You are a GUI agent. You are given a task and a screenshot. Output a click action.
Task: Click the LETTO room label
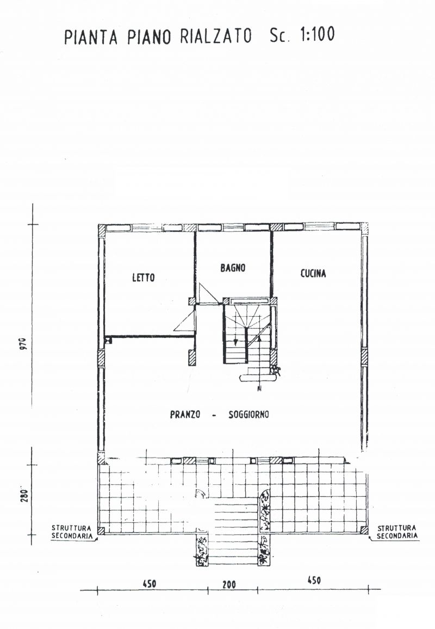(143, 277)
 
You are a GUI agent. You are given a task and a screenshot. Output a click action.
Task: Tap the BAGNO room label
(233, 268)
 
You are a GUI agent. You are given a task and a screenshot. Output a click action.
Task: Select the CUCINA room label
(313, 273)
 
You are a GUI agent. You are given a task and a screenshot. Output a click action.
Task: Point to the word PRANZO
(185, 415)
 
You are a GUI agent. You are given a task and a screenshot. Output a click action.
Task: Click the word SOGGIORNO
(248, 415)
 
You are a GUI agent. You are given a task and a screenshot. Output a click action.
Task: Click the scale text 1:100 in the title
(317, 35)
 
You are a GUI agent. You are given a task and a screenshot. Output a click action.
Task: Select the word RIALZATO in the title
(216, 36)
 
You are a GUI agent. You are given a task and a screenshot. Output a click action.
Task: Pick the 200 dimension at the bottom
(229, 585)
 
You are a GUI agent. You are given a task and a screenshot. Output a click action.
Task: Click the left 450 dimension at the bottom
(150, 583)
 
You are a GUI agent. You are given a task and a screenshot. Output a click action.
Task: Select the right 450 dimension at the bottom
(314, 580)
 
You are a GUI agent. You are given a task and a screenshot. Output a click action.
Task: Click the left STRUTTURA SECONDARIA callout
(72, 532)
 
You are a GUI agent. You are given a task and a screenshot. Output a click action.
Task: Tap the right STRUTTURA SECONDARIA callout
(397, 532)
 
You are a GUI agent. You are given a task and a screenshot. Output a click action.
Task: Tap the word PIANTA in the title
(91, 37)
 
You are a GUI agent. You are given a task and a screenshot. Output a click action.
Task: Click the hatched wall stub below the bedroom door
(192, 358)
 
